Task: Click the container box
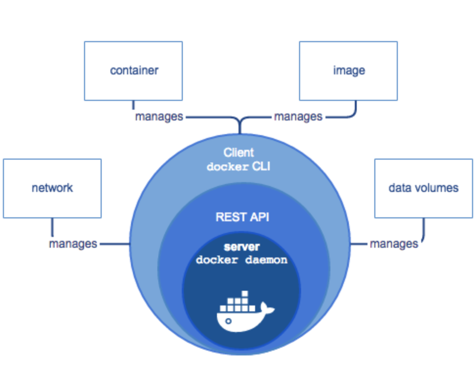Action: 133,70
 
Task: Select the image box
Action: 348,70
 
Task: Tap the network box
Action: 52,188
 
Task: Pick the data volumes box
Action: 423,188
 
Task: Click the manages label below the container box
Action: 159,117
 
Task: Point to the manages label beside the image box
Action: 298,117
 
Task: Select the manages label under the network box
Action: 73,244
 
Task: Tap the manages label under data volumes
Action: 394,244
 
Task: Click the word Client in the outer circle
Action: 239,152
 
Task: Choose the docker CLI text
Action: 239,167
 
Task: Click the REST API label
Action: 239,217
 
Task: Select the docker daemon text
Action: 241,260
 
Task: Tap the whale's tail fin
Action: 267,308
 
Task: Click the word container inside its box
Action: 134,70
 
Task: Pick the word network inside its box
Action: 52,188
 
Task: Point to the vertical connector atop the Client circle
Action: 239,127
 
